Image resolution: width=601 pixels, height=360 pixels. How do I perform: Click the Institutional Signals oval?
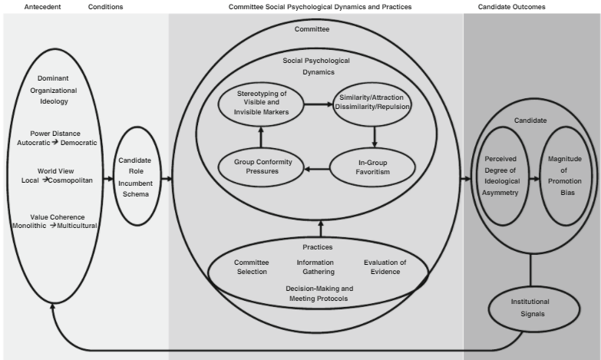530,307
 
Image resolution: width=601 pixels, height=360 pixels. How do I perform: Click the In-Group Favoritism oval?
374,167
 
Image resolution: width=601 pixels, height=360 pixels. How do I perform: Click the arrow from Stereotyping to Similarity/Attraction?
315,104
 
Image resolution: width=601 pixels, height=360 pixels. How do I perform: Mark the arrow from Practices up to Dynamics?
320,227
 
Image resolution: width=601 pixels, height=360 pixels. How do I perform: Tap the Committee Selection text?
252,267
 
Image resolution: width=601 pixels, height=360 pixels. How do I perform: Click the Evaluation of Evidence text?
384,267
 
